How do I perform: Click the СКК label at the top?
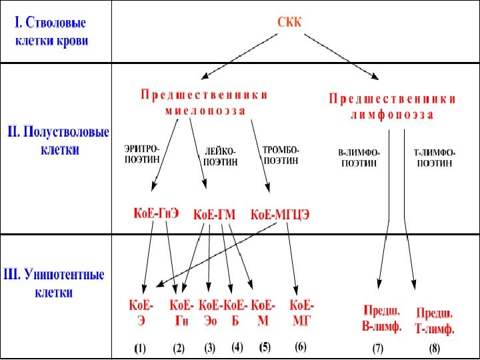point(289,23)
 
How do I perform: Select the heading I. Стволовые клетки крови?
point(51,31)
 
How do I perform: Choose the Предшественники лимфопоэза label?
point(392,107)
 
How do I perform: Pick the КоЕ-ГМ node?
point(214,215)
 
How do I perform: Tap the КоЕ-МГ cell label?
point(302,313)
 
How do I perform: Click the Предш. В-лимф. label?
point(381,319)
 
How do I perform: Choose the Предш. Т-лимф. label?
point(435,320)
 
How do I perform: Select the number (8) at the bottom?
point(435,349)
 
